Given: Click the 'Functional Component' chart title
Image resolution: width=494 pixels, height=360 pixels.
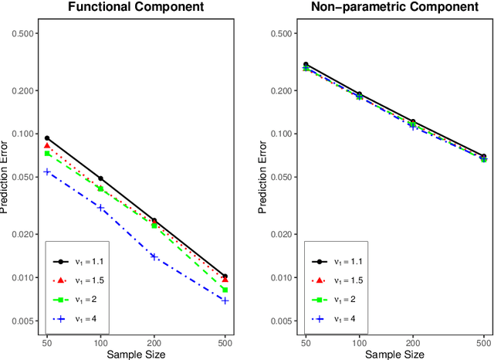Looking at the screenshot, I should click(135, 8).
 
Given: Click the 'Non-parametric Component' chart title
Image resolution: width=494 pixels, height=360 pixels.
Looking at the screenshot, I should click(394, 8).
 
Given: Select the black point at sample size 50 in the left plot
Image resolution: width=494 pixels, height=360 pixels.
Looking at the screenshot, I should click(47, 138).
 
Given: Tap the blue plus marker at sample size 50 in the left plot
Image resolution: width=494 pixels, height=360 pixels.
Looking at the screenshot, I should click(47, 172).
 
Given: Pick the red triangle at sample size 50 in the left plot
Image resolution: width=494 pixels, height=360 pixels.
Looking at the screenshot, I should click(47, 145).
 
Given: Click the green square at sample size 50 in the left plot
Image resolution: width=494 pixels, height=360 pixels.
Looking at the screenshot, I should click(47, 154).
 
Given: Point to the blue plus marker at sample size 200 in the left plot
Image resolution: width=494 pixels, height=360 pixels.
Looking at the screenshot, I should click(154, 256).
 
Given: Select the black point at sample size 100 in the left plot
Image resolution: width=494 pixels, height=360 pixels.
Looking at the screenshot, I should click(100, 178).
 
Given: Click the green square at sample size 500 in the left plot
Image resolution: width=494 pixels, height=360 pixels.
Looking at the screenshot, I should click(225, 290).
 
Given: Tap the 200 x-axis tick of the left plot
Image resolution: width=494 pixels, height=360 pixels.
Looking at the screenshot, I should click(154, 341).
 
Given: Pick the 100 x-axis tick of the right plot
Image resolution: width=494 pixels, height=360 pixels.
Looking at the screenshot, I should click(360, 341).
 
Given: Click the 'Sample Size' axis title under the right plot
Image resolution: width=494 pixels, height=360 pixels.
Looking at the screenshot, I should click(394, 353).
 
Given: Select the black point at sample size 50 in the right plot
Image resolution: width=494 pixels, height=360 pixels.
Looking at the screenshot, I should click(306, 65).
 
